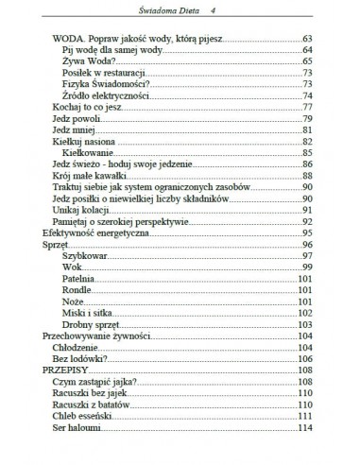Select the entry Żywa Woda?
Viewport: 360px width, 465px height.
[x=87, y=60]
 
